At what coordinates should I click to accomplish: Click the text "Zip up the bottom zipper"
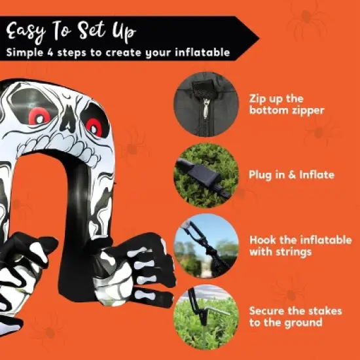pyautogui.click(x=287, y=104)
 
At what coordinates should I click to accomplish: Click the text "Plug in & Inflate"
pyautogui.click(x=291, y=175)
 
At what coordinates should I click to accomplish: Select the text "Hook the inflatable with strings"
pyautogui.click(x=300, y=246)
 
